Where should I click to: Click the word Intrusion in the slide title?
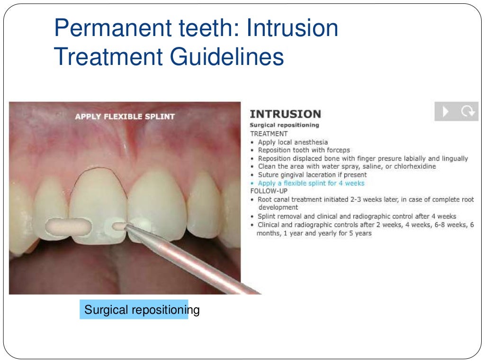[x=293, y=28]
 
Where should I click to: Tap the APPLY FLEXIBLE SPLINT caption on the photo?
[x=125, y=116]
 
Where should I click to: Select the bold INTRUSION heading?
[x=285, y=114]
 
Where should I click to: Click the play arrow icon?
[x=445, y=111]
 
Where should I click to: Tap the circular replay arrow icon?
[x=467, y=111]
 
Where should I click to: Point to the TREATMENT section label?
[x=269, y=134]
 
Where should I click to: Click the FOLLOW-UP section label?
[x=269, y=191]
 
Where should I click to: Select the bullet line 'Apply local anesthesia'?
[x=292, y=142]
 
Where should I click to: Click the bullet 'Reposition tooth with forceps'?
[x=304, y=150]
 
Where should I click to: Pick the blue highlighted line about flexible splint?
[x=311, y=183]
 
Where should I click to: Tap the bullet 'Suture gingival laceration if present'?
[x=312, y=175]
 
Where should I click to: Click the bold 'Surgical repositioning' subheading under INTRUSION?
[x=284, y=125]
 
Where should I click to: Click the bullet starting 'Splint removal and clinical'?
[x=357, y=216]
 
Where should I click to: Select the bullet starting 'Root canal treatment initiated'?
[x=365, y=200]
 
